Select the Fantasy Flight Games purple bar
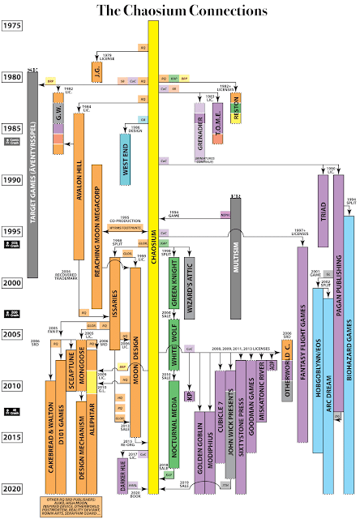tap(302, 324)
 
